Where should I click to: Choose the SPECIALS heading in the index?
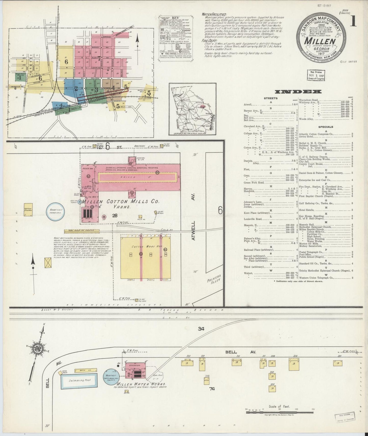[x=326, y=127]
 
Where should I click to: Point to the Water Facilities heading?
[x=214, y=15]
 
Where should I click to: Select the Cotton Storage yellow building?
[x=28, y=210]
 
